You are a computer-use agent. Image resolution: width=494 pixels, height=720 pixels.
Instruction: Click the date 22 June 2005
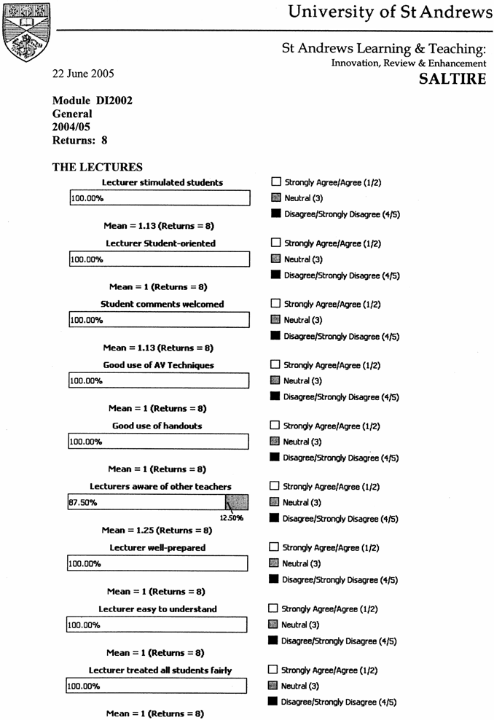(83, 74)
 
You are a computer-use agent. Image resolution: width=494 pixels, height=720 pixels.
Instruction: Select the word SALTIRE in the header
(452, 79)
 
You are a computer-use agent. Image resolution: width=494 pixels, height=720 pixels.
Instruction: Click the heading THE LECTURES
(98, 168)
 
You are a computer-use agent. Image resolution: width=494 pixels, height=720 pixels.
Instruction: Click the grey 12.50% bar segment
(237, 502)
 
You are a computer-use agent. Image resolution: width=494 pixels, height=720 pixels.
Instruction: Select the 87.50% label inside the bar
(83, 502)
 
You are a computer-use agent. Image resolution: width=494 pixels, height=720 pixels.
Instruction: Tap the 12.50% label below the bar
(231, 518)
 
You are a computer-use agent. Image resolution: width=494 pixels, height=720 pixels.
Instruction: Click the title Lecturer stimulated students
(162, 182)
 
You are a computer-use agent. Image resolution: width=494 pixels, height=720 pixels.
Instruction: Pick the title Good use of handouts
(157, 426)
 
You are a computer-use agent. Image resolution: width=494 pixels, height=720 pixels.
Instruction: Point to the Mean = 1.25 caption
(157, 531)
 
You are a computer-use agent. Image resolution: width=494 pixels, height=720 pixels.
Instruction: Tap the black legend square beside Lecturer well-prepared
(275, 579)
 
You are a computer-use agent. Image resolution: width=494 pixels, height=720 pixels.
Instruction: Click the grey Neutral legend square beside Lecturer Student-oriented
(275, 259)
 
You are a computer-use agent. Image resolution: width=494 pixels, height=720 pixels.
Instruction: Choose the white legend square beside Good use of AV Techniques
(275, 365)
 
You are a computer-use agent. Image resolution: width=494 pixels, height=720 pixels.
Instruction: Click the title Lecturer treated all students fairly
(160, 670)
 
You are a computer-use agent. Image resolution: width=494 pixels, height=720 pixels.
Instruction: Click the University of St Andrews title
(390, 12)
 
